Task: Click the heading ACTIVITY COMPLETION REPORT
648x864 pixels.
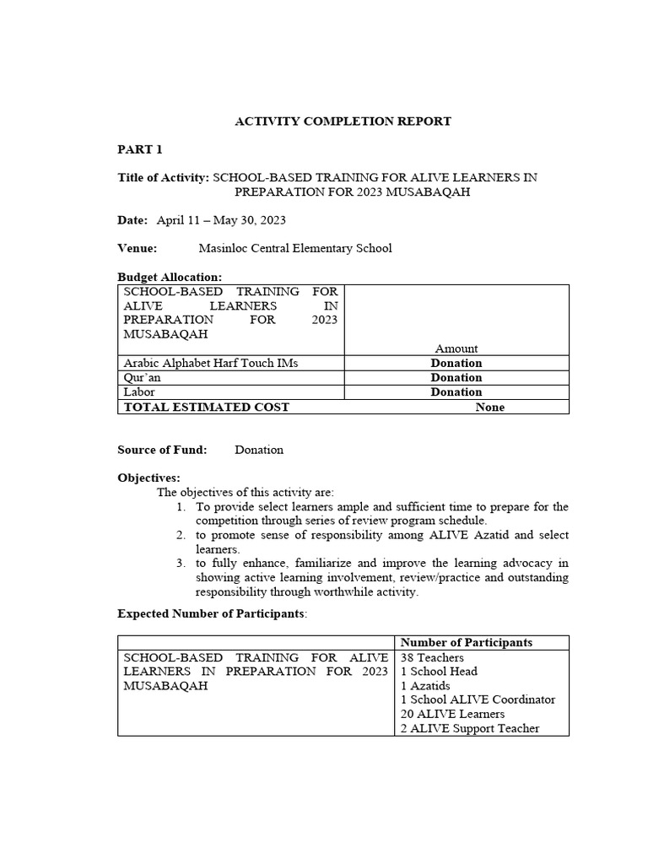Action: click(x=343, y=121)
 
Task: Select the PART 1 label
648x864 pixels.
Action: click(x=139, y=149)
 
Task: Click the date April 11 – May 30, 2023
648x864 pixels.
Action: click(x=221, y=220)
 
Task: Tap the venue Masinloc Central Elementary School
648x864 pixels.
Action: click(x=294, y=248)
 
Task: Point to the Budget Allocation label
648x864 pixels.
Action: click(x=170, y=277)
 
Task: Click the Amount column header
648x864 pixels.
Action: click(x=456, y=348)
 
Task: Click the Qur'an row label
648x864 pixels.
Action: click(x=142, y=377)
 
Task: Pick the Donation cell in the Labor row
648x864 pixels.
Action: click(x=456, y=391)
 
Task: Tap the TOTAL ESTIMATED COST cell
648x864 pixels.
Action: click(x=207, y=407)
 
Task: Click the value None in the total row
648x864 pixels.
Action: click(x=489, y=407)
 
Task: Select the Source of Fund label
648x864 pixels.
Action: click(x=162, y=450)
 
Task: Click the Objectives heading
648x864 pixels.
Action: click(x=148, y=478)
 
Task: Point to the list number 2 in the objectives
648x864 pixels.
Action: click(x=181, y=535)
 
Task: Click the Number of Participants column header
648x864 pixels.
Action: click(x=467, y=642)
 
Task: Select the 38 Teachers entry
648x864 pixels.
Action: click(x=432, y=657)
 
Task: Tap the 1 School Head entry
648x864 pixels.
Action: click(x=439, y=672)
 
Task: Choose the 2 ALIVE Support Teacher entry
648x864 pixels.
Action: click(x=470, y=728)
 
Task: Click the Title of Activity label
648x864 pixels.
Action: click(x=163, y=177)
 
